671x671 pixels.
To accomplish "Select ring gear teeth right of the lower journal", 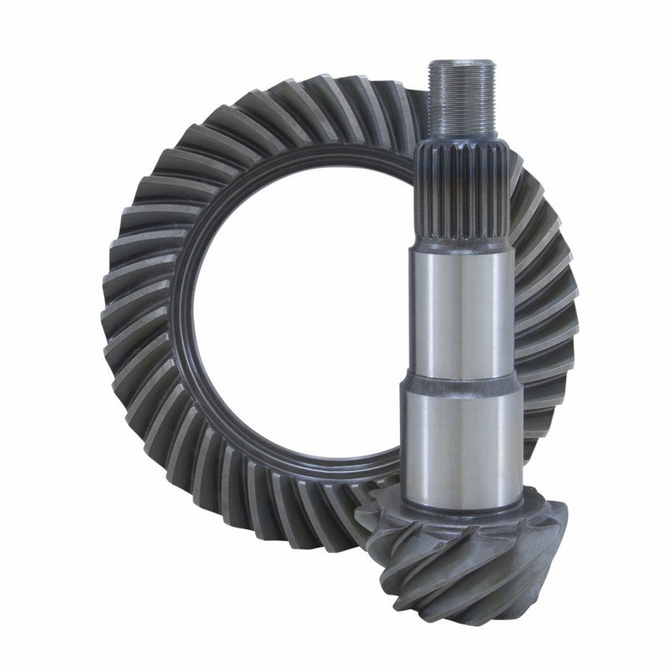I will [x=545, y=403].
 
